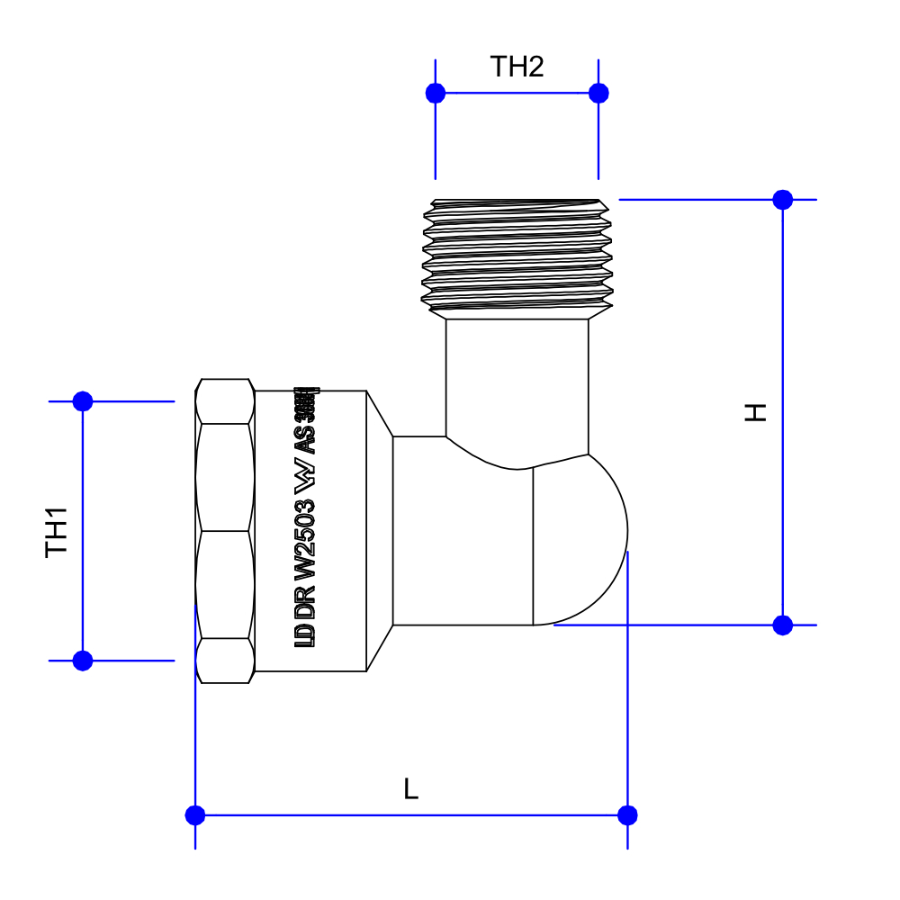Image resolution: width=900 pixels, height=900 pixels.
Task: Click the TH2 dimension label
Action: [x=517, y=67]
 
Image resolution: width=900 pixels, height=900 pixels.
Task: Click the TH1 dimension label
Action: [x=57, y=531]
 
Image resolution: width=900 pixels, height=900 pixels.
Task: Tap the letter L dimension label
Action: [x=410, y=789]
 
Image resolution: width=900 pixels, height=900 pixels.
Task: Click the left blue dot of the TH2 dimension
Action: [x=436, y=93]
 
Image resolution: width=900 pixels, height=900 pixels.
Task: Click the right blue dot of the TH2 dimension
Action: [x=598, y=93]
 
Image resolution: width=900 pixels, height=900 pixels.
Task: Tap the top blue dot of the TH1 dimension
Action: [x=83, y=401]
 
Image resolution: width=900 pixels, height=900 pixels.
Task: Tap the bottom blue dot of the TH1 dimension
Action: [x=83, y=661]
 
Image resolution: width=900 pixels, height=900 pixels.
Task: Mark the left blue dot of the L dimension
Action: [x=195, y=815]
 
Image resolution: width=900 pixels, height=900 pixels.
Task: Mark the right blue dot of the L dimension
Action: [x=628, y=815]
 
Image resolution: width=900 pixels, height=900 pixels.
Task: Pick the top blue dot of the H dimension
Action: [x=783, y=200]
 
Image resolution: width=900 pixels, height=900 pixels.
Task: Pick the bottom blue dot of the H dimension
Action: [x=783, y=625]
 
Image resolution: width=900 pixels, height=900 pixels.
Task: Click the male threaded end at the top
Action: [x=517, y=256]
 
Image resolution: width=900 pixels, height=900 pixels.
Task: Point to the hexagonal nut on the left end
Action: [x=225, y=531]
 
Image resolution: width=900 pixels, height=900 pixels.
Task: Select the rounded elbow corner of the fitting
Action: [x=580, y=540]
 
